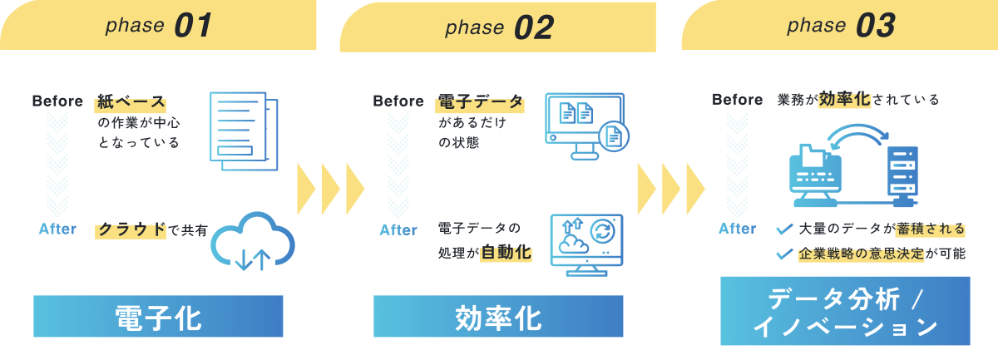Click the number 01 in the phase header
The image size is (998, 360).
tap(193, 26)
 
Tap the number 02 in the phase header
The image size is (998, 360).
tap(534, 27)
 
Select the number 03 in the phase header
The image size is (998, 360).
tap(876, 26)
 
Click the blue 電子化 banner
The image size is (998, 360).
tap(158, 316)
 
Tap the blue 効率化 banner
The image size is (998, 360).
tap(498, 316)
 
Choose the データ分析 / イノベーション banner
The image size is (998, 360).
tap(845, 311)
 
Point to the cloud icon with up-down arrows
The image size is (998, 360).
tap(253, 241)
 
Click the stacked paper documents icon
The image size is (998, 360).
tap(244, 131)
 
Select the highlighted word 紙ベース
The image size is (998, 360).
tap(131, 102)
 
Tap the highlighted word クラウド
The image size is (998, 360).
tap(131, 230)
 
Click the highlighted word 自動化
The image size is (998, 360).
tap(506, 253)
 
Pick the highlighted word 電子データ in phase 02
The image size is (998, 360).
tap(480, 102)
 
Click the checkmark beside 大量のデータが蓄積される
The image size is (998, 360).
tap(784, 229)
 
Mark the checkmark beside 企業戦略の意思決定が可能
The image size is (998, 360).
tap(784, 254)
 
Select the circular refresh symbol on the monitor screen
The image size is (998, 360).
tap(602, 232)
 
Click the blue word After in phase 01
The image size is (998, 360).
tap(57, 229)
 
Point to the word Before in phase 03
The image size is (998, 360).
tap(738, 100)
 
